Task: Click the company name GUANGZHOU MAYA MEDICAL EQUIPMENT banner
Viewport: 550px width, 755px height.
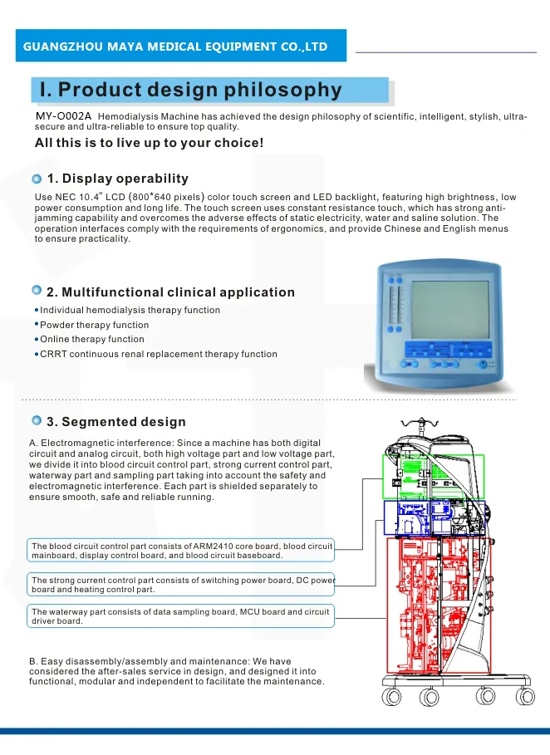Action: [174, 46]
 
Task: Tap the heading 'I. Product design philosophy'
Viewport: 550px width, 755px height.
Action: [185, 90]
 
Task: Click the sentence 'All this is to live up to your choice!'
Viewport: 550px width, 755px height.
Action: [149, 143]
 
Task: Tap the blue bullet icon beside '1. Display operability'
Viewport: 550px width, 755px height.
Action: [37, 179]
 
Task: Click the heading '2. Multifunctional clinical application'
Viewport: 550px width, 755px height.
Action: [170, 292]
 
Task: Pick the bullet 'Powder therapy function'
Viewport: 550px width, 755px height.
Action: [95, 325]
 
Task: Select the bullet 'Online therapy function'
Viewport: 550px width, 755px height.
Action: [92, 339]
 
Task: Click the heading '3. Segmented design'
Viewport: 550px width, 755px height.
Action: [116, 422]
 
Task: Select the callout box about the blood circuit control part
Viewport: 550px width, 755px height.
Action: [181, 550]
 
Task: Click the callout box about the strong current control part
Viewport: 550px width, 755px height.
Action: [181, 584]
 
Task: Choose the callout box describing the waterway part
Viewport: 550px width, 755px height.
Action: [181, 616]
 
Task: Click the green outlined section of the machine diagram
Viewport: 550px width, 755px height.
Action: [432, 477]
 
